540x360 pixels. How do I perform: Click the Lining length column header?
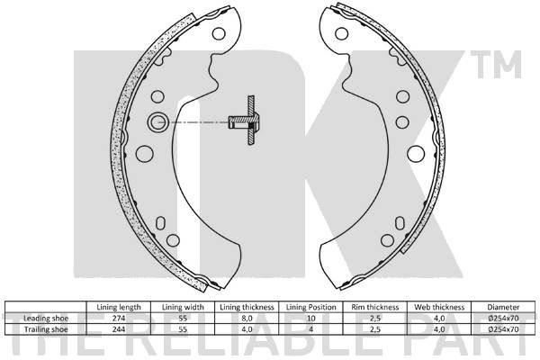(119, 307)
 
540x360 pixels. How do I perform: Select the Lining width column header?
(183, 307)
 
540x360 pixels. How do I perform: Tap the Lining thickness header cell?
(247, 307)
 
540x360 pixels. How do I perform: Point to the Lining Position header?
(311, 307)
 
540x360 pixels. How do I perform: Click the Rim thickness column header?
(375, 307)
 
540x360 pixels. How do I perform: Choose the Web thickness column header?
(439, 307)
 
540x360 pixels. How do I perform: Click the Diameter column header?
(503, 307)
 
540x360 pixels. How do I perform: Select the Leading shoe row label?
(46, 318)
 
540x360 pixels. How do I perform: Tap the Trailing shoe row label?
(46, 329)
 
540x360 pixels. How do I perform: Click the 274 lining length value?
(119, 318)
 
